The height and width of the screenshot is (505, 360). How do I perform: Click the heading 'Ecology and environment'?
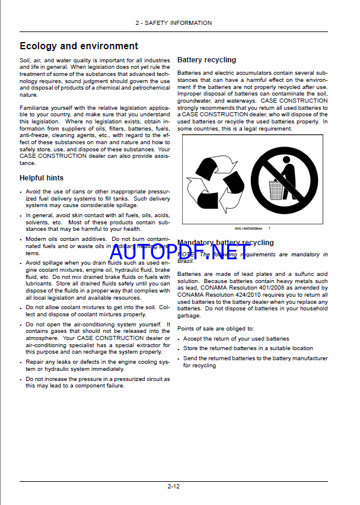tap(78, 46)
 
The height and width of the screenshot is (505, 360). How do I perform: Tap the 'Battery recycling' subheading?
tap(206, 60)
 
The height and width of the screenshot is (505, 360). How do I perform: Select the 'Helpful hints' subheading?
tap(42, 177)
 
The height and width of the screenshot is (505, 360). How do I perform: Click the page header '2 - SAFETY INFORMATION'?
tap(173, 23)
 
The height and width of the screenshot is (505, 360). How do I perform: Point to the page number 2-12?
tap(173, 486)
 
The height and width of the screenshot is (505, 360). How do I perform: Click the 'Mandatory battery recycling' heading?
tap(225, 242)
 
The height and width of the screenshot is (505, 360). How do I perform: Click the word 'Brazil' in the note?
tap(186, 261)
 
